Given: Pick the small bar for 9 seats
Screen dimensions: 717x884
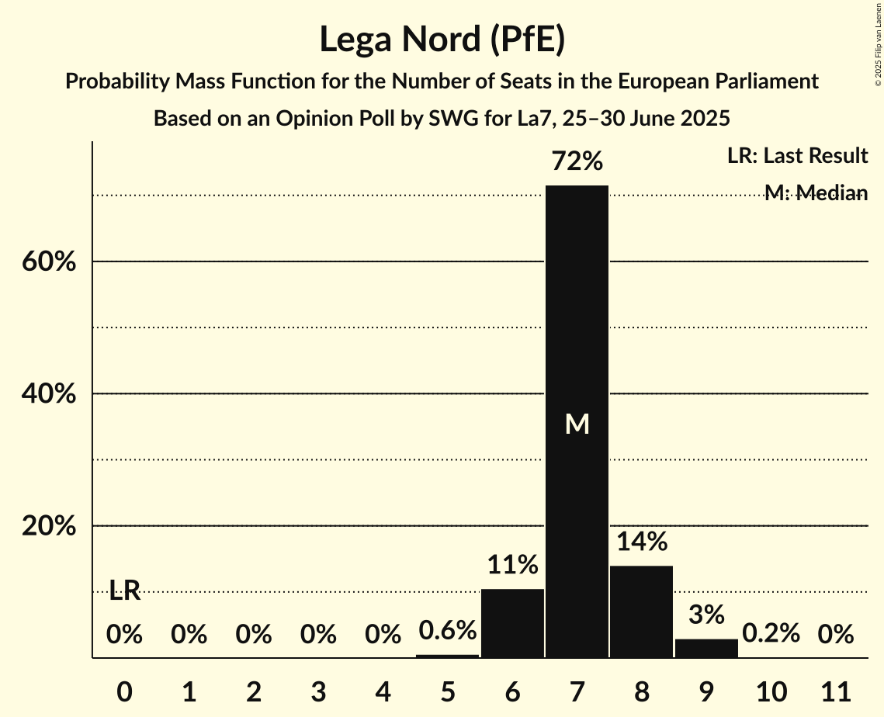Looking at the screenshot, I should tap(706, 648).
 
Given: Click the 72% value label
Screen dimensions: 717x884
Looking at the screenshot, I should tap(577, 161).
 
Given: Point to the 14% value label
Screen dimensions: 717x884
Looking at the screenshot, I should tap(642, 542).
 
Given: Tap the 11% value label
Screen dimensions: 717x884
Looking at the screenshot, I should tap(512, 565).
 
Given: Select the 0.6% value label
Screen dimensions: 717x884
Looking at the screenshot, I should tap(447, 631).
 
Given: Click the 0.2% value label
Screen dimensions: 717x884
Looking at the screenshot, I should tap(771, 633).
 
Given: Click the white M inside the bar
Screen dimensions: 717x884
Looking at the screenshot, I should tap(577, 424).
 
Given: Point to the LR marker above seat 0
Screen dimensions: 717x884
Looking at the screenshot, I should tap(124, 591).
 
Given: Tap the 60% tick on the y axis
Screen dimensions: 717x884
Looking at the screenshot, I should tap(49, 262).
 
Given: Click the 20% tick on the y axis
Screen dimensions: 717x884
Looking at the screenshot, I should tap(49, 526).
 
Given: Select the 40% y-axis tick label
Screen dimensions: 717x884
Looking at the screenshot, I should tap(49, 394).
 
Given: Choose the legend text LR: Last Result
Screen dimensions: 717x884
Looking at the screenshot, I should tap(797, 156).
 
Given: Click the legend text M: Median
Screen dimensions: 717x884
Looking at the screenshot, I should tap(815, 193).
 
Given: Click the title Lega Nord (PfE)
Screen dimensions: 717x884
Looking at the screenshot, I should tap(442, 40).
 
